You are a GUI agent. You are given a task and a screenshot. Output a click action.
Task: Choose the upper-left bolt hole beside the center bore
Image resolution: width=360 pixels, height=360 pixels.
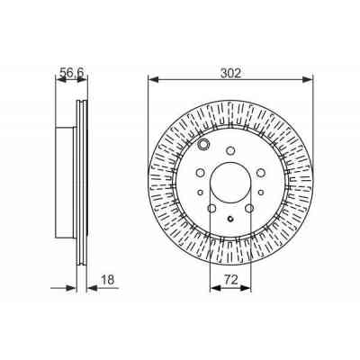pyautogui.click(x=199, y=175)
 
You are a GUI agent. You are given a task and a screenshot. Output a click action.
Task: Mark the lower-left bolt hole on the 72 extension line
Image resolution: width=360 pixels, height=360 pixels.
pyautogui.click(x=211, y=210)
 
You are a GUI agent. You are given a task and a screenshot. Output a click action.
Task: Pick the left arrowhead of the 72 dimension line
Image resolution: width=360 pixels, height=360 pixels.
pyautogui.click(x=212, y=287)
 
